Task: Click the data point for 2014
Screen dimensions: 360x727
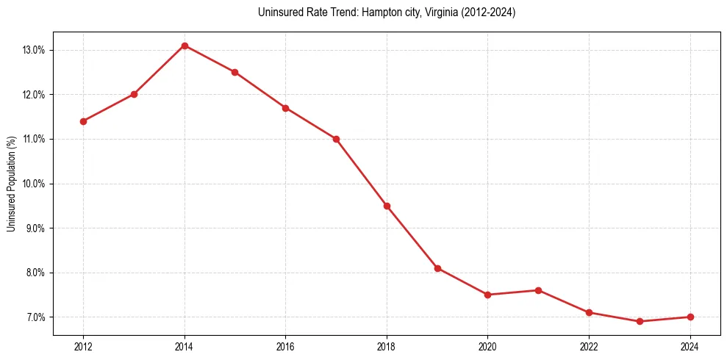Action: tap(185, 46)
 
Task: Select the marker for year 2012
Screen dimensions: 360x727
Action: tap(83, 121)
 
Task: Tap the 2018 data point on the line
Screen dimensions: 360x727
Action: tap(387, 206)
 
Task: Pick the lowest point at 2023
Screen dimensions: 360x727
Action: tap(640, 321)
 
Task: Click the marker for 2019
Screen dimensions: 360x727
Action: tap(437, 268)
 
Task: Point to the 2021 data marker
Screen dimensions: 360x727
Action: tap(538, 290)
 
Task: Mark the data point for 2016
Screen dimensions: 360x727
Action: tap(285, 108)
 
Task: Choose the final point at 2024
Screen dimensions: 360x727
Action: tap(690, 317)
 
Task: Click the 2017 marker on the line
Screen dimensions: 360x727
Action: tap(336, 139)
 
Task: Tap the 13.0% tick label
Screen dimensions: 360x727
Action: tap(34, 50)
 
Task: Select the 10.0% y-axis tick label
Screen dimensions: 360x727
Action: tap(34, 184)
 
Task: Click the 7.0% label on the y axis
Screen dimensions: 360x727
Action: tap(35, 317)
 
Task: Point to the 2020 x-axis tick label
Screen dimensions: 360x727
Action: tap(487, 346)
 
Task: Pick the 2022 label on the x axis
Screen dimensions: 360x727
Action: tap(589, 346)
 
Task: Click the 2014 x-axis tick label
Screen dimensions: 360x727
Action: tap(185, 346)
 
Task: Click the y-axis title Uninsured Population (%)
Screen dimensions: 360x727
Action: tap(11, 184)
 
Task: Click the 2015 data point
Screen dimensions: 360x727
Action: tap(234, 72)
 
